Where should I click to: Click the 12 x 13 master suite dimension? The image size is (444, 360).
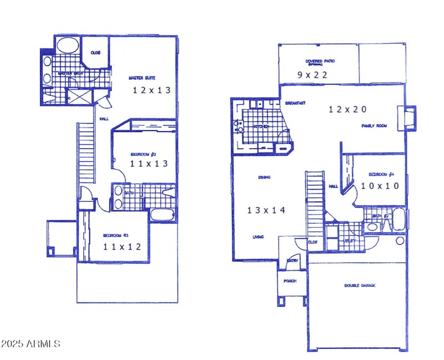pyautogui.click(x=151, y=90)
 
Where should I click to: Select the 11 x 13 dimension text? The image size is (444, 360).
pyautogui.click(x=148, y=164)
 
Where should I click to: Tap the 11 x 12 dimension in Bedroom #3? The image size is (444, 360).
pyautogui.click(x=122, y=246)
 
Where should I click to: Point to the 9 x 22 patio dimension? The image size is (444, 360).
pyautogui.click(x=312, y=74)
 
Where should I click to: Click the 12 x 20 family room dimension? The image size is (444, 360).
pyautogui.click(x=347, y=110)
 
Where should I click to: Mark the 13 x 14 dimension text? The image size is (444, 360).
pyautogui.click(x=266, y=210)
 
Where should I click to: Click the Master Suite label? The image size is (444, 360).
pyautogui.click(x=141, y=78)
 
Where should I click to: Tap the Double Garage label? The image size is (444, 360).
pyautogui.click(x=360, y=285)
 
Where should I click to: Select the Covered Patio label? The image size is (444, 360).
pyautogui.click(x=320, y=62)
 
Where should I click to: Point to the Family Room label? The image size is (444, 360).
pyautogui.click(x=374, y=126)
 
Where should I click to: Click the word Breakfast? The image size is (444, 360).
pyautogui.click(x=296, y=103)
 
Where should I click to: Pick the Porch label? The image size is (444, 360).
pyautogui.click(x=290, y=281)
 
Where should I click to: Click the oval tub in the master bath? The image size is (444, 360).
pyautogui.click(x=68, y=45)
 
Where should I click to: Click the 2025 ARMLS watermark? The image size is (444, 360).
pyautogui.click(x=31, y=344)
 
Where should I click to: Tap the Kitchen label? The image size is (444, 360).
pyautogui.click(x=261, y=127)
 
